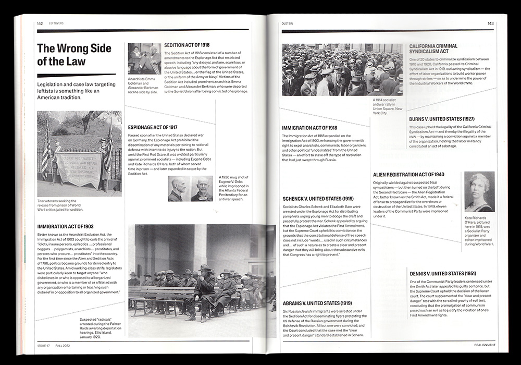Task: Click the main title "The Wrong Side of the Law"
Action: (x=74, y=55)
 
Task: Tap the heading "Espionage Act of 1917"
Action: (x=153, y=127)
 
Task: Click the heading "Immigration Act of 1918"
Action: (x=309, y=128)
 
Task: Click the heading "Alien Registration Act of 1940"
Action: (x=408, y=174)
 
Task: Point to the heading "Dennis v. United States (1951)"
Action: (x=442, y=274)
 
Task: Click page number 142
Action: (x=40, y=23)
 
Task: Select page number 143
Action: (x=490, y=23)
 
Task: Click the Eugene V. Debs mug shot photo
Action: (x=190, y=188)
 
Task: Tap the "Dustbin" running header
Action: (x=289, y=23)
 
